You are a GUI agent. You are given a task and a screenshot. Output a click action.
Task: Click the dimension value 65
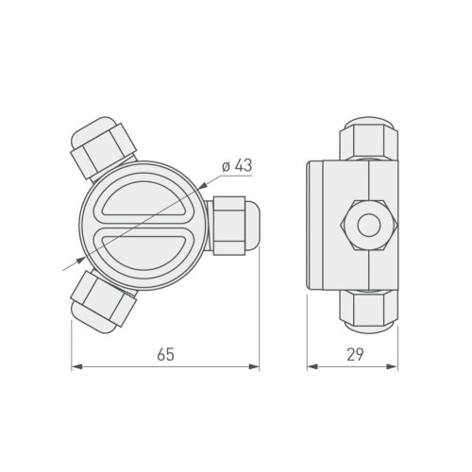click(x=165, y=354)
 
